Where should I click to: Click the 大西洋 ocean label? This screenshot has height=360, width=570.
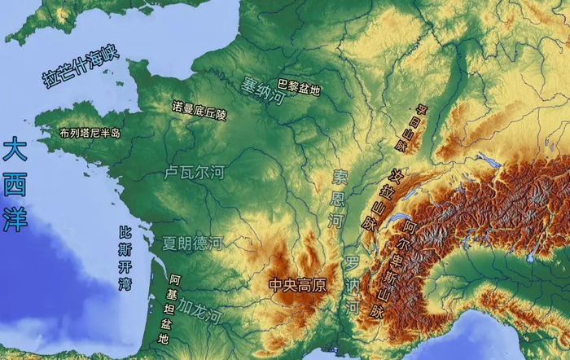(x=14, y=186)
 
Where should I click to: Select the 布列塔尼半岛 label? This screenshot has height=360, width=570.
(x=90, y=133)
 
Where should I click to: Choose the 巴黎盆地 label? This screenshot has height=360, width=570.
(x=299, y=85)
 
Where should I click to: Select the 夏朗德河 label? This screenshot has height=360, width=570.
(x=192, y=243)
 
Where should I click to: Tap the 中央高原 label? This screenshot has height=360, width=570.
(x=297, y=285)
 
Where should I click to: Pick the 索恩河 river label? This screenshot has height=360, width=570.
(x=338, y=199)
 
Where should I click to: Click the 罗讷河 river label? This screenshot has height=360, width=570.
(x=352, y=285)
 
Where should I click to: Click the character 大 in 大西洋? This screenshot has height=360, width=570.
(x=14, y=151)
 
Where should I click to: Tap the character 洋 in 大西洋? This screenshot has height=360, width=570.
(x=14, y=220)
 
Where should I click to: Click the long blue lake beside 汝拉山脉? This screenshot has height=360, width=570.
(x=400, y=222)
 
